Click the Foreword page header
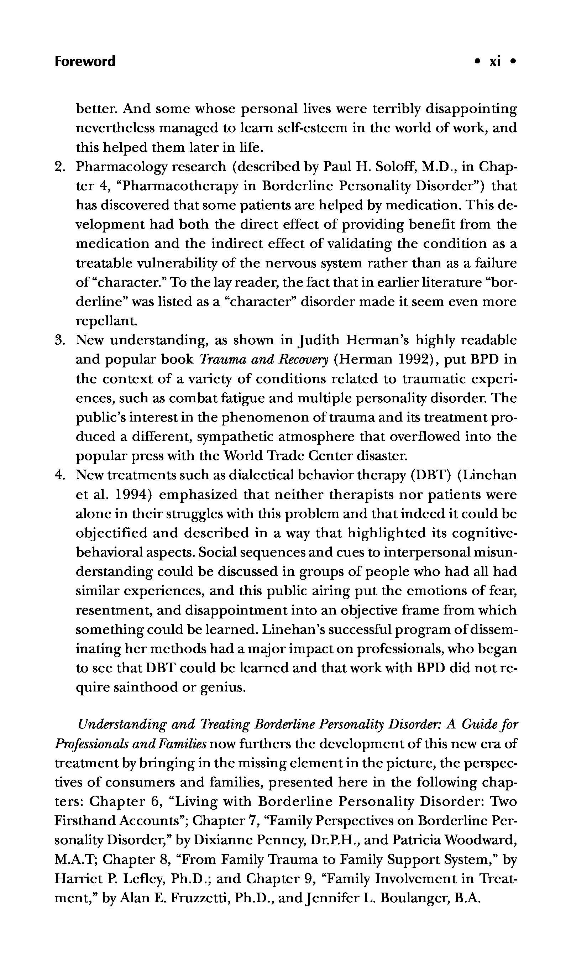click(x=85, y=62)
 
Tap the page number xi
click(x=495, y=62)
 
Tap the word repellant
click(x=106, y=322)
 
